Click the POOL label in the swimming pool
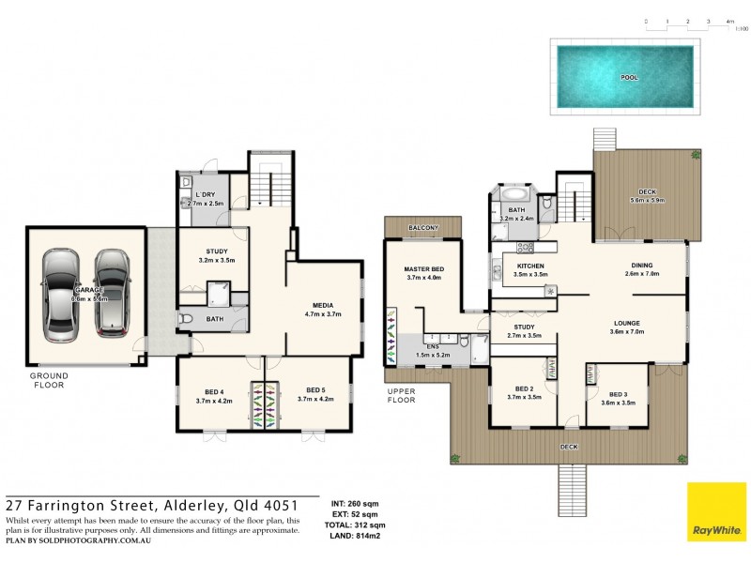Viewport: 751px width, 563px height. (628, 78)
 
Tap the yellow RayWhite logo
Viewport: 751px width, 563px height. (717, 511)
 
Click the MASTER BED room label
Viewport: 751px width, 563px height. (422, 268)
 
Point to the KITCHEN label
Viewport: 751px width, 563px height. (530, 266)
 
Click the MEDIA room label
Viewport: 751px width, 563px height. (325, 304)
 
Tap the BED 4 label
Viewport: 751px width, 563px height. (215, 391)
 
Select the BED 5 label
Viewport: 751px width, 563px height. (316, 391)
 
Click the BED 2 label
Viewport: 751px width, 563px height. (525, 389)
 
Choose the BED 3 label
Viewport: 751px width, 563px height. (617, 395)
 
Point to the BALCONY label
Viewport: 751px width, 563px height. (423, 228)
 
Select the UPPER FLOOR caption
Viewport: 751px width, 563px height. (400, 394)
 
